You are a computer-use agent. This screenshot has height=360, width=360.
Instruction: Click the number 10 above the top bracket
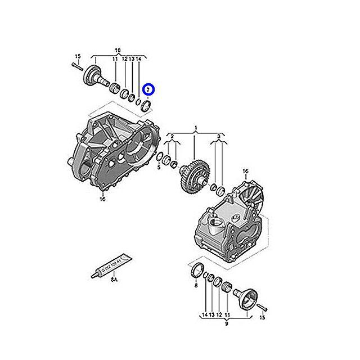(x=118, y=50)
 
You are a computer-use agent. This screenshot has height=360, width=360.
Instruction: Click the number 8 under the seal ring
(x=196, y=286)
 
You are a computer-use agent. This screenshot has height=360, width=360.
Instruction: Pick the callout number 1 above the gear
(x=195, y=129)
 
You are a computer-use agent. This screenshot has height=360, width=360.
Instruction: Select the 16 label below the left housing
(x=102, y=199)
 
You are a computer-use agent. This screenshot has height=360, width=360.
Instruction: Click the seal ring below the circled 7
(x=147, y=105)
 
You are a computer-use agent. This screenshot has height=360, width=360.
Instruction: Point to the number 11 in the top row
(x=115, y=58)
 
